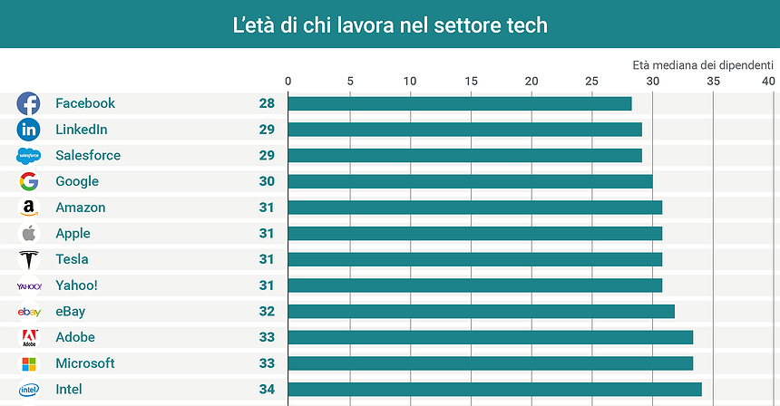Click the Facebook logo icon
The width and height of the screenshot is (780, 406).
pos(28,103)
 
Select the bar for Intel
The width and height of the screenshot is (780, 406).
pos(494,390)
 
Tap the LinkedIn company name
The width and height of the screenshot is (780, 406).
pos(82,130)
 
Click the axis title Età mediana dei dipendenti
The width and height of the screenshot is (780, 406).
pos(704,65)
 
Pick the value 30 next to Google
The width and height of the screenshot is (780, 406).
pos(267,181)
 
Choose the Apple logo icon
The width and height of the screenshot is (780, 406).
pos(28,234)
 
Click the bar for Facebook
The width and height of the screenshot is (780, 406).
pos(459,103)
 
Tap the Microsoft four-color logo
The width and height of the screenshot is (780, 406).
pos(28,364)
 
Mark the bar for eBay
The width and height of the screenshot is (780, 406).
pos(481,312)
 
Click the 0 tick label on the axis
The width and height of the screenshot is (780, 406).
pos(288,82)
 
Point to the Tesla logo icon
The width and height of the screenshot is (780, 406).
pos(28,260)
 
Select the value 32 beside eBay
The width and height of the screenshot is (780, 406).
pos(267,312)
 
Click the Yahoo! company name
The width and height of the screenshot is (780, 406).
pos(76,285)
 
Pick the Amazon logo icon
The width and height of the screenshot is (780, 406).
pos(28,208)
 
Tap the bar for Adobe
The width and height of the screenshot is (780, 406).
pos(490,338)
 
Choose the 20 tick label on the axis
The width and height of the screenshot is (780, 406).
pos(531,82)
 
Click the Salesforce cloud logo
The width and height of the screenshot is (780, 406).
pos(28,156)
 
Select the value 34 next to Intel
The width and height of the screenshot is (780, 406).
pos(267,390)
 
